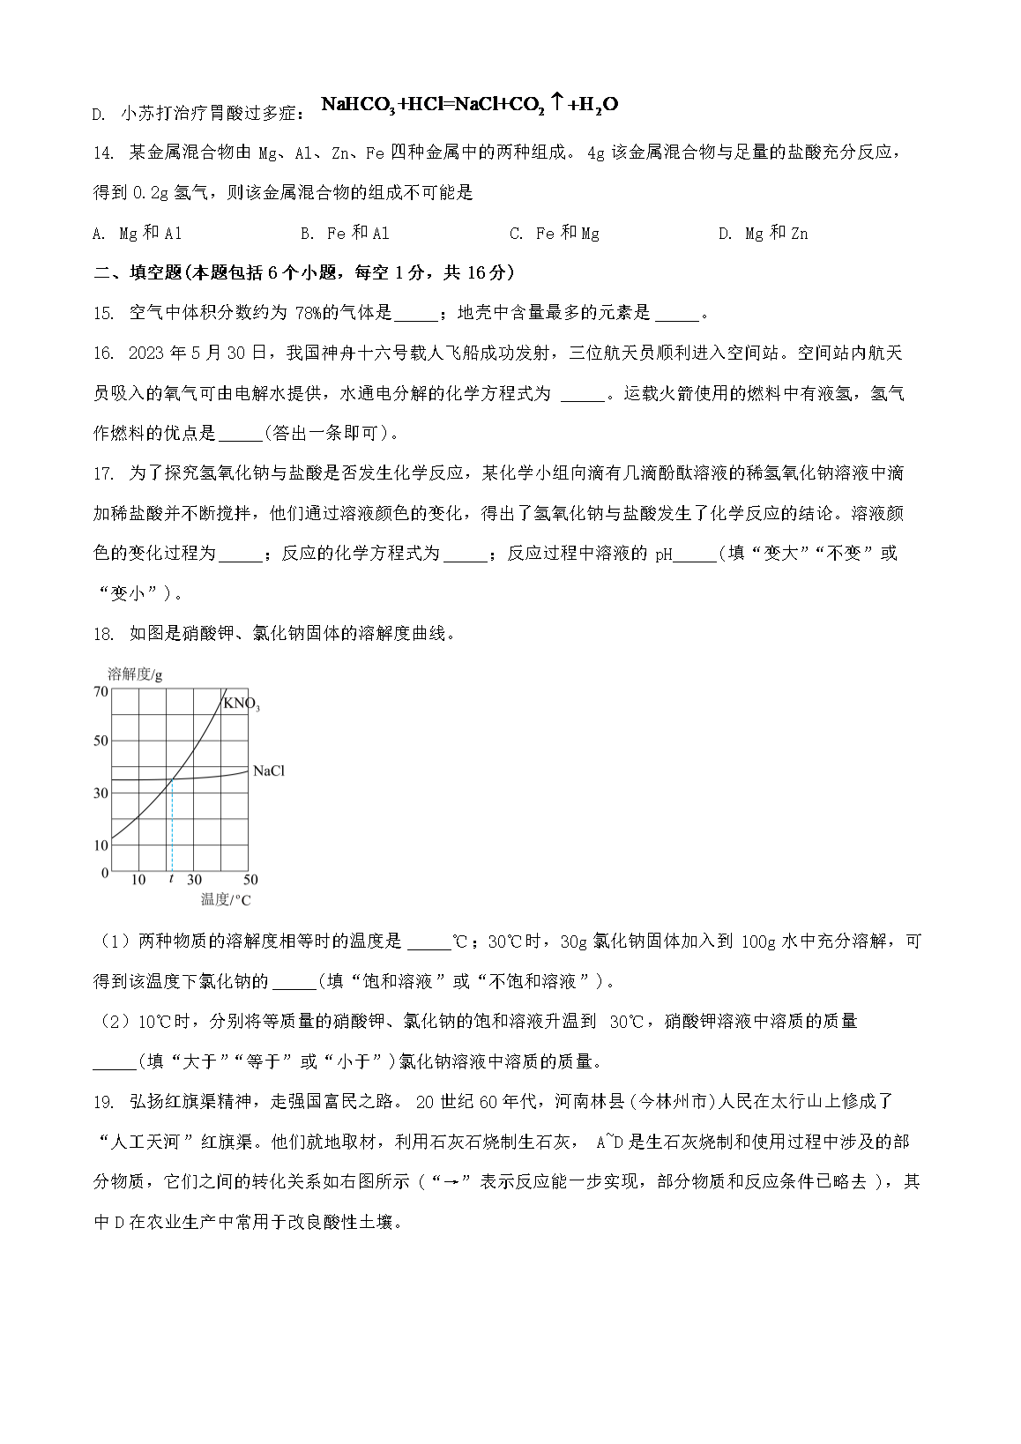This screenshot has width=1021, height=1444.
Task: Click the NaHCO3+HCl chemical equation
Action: [469, 105]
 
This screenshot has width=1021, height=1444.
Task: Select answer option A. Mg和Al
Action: [138, 234]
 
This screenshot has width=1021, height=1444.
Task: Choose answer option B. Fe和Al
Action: [346, 234]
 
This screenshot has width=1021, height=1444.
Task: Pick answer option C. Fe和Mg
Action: [555, 234]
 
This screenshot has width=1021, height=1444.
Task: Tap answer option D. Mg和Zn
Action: [764, 234]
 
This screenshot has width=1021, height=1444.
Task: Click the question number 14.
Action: [103, 153]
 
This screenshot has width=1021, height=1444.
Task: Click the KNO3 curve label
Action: [241, 703]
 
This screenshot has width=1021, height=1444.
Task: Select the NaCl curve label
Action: [268, 771]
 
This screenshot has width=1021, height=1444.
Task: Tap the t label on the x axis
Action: [170, 880]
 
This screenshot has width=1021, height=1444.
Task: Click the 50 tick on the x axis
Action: [250, 880]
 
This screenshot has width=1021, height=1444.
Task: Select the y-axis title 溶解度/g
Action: [135, 674]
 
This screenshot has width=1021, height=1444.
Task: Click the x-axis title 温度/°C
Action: [225, 900]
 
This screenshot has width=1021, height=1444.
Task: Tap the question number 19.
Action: [103, 1101]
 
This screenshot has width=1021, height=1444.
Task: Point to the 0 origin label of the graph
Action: [105, 873]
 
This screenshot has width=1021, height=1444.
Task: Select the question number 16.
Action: [103, 354]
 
